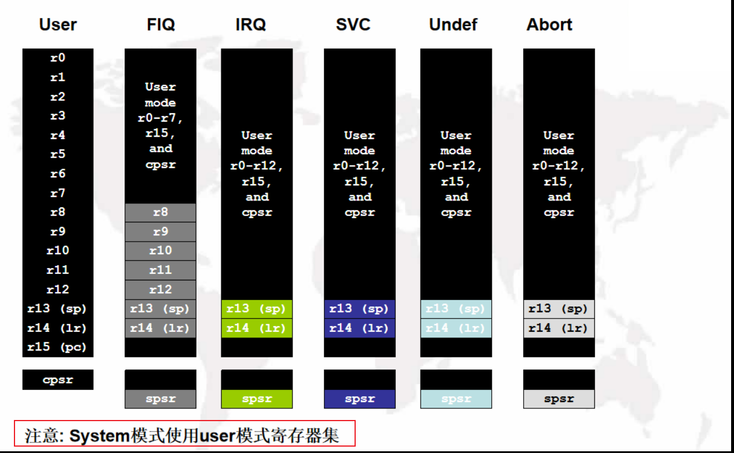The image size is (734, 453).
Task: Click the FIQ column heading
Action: [x=160, y=25]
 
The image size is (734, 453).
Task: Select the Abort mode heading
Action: [x=549, y=25]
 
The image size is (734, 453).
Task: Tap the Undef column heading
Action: [x=453, y=25]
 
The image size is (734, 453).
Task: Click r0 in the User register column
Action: [x=57, y=58]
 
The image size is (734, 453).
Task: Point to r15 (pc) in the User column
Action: [x=57, y=348]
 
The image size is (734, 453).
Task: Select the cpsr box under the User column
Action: [x=57, y=380]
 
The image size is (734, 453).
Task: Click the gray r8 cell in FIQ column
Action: [x=160, y=213]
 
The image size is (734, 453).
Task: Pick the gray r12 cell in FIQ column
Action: [x=160, y=290]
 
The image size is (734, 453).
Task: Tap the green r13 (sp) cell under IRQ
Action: [x=257, y=309]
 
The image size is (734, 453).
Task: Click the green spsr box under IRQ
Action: [x=257, y=399]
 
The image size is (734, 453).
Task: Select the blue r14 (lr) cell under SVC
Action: [x=359, y=328]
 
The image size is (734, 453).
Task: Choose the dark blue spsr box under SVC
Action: [x=359, y=399]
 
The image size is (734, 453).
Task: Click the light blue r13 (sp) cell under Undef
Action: [x=456, y=309]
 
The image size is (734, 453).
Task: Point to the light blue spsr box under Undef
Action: [x=456, y=399]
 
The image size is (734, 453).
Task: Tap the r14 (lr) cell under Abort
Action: [x=558, y=328]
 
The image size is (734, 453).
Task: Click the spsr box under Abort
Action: [x=558, y=399]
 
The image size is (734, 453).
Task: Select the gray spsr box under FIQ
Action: [x=160, y=399]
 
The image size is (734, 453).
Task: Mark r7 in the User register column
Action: [x=57, y=193]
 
